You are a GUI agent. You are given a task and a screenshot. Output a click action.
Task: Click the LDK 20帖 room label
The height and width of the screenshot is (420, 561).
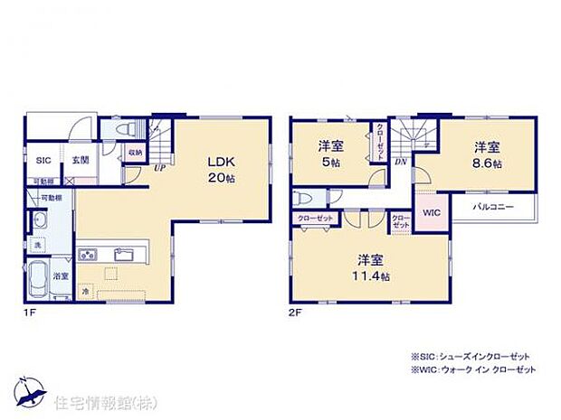[221, 170]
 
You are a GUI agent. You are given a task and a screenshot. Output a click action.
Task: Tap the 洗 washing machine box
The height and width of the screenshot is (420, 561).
[38, 246]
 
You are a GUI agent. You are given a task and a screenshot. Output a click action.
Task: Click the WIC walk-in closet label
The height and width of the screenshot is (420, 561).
[431, 213]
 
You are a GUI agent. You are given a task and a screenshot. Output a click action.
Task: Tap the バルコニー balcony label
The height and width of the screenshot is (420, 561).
[497, 208]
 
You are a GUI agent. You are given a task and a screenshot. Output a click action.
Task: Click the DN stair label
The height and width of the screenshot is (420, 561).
[401, 162]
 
